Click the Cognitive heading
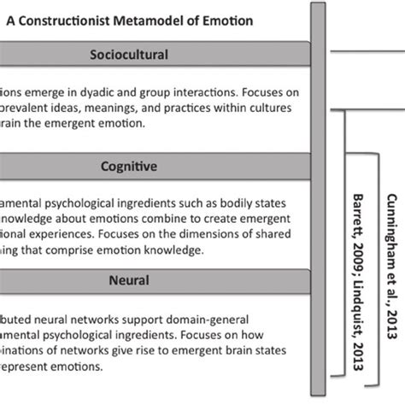129,167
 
